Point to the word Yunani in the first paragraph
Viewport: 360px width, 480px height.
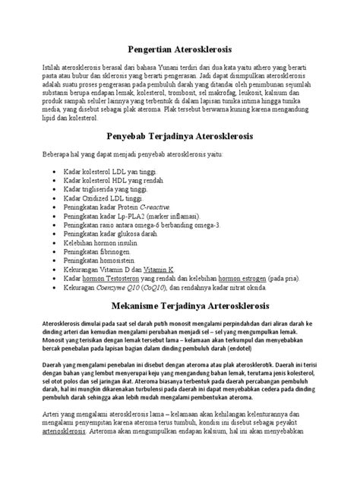166,68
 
